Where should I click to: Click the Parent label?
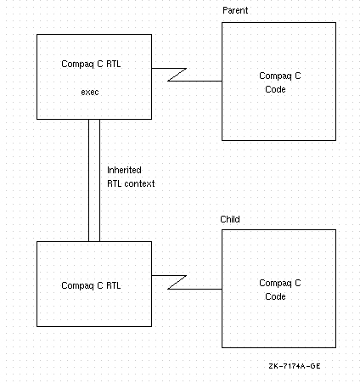click(235, 10)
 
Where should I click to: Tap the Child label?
click(230, 219)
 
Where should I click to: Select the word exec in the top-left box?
click(90, 92)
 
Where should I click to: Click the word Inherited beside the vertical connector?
click(124, 170)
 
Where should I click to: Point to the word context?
click(139, 183)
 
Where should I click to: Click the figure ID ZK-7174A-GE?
click(295, 366)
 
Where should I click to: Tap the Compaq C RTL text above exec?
click(91, 64)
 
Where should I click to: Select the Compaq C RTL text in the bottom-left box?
click(91, 285)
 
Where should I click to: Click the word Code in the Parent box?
click(275, 89)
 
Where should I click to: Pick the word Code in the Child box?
click(275, 296)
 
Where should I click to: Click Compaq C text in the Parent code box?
click(280, 76)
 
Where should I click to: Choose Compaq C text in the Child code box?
click(280, 283)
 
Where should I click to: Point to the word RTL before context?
click(114, 183)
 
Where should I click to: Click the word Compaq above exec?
click(77, 65)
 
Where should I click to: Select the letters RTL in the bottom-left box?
click(114, 285)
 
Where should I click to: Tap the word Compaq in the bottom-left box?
click(77, 286)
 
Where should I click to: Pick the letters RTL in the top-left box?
click(114, 64)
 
